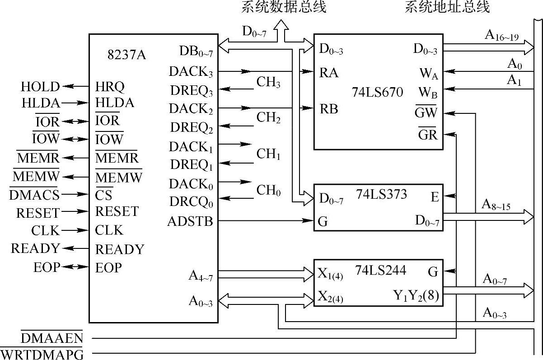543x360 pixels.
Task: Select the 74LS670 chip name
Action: [x=377, y=93]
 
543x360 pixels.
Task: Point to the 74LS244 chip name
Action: [x=381, y=270]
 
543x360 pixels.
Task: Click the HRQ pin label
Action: [x=110, y=86]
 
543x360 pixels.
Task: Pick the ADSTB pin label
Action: [x=190, y=221]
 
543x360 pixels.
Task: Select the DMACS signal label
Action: [x=34, y=195]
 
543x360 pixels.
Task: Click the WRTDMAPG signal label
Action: [x=42, y=354]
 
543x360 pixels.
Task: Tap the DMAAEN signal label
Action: [x=51, y=337]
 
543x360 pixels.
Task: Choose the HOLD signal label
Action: [x=40, y=86]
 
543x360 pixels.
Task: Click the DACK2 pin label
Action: [x=191, y=109]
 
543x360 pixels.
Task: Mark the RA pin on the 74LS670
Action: [x=328, y=72]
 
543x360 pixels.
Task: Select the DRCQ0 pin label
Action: [x=191, y=202]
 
